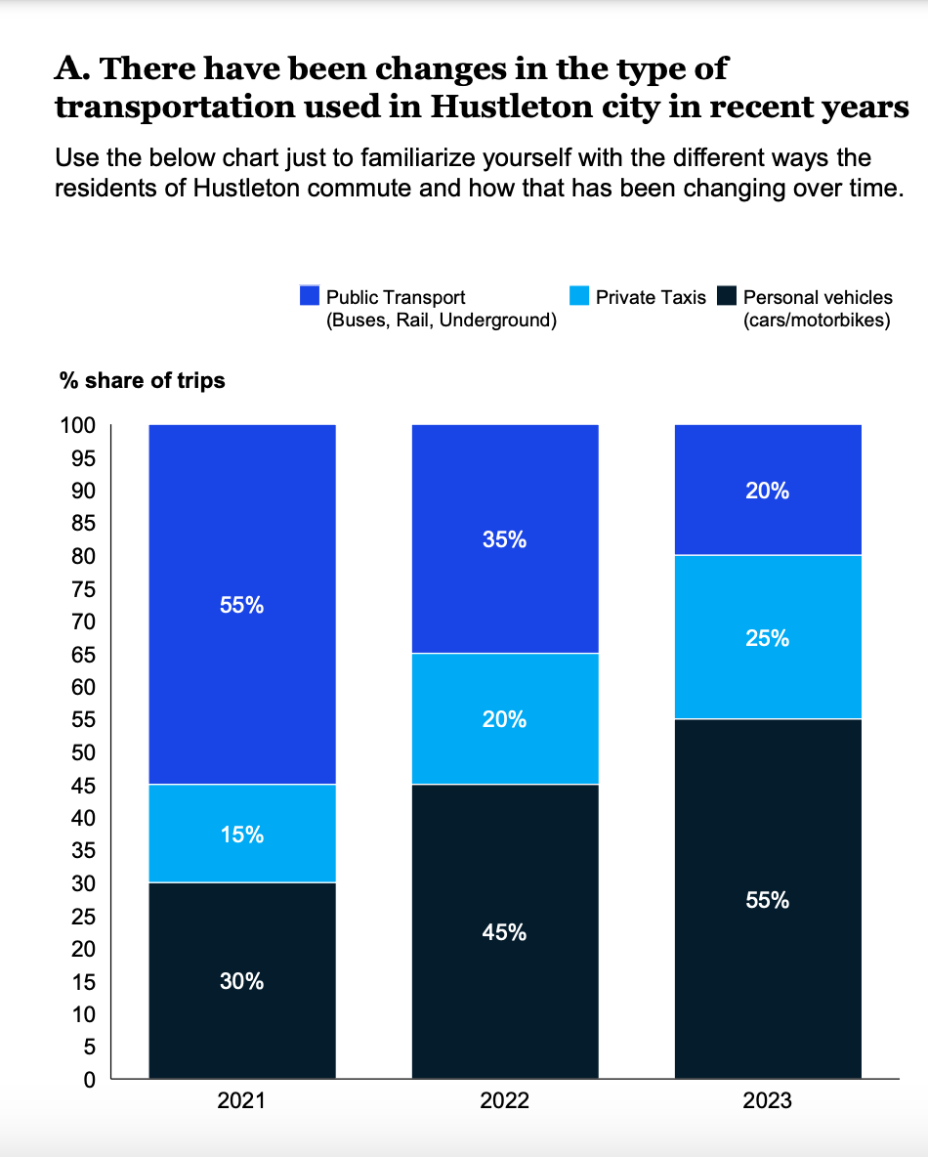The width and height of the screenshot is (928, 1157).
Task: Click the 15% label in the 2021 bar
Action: coord(241,836)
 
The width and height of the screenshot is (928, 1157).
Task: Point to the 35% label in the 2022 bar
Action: coord(505,539)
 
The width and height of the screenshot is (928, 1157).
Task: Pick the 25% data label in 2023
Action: coord(768,638)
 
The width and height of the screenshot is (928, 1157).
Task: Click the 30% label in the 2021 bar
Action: coord(241,982)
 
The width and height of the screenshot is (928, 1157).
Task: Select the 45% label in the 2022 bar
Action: coord(505,933)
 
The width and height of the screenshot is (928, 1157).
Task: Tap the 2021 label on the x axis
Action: coord(241,1102)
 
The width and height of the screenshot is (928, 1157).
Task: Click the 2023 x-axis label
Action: coord(768,1102)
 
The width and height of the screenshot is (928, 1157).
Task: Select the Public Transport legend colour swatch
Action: coord(310,296)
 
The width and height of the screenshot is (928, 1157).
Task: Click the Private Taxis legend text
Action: coord(651,297)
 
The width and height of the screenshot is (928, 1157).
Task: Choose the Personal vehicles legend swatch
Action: coord(726,296)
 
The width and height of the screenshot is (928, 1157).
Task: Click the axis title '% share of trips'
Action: coord(142,381)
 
